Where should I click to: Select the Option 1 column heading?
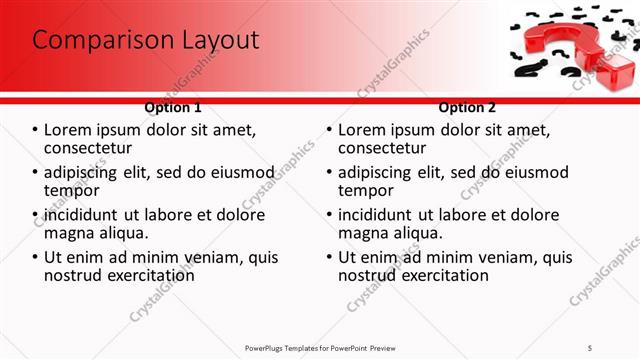point(173,107)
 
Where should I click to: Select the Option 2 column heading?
point(466,107)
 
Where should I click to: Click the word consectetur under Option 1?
point(93,149)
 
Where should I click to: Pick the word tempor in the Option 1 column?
point(72,191)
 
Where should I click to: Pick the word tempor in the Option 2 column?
point(365,191)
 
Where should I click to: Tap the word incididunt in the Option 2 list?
point(375,215)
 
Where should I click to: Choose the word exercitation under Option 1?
point(149,275)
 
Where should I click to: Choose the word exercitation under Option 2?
point(442,275)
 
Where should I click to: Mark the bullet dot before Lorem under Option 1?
point(35,131)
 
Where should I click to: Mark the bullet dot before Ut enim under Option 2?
point(328,257)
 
